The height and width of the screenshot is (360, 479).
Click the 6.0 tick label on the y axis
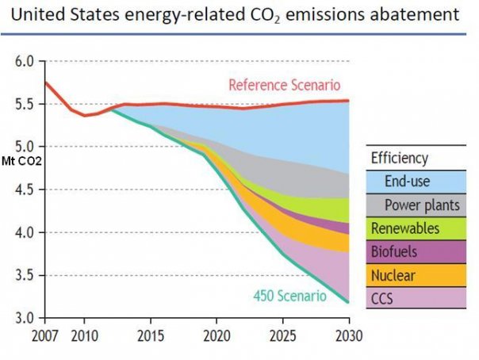coord(24,61)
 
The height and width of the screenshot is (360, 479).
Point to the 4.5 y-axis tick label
coord(24,190)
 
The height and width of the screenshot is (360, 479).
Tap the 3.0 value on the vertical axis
coord(24,319)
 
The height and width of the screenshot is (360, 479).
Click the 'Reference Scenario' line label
coord(284,85)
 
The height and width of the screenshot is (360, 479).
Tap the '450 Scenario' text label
coord(289,296)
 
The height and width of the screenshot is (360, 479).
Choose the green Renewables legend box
coord(414,228)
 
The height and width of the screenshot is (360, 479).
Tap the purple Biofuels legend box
coord(414,252)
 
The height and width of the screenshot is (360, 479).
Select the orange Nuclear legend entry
coord(414,275)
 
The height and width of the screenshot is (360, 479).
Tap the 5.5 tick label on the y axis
coord(24,104)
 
